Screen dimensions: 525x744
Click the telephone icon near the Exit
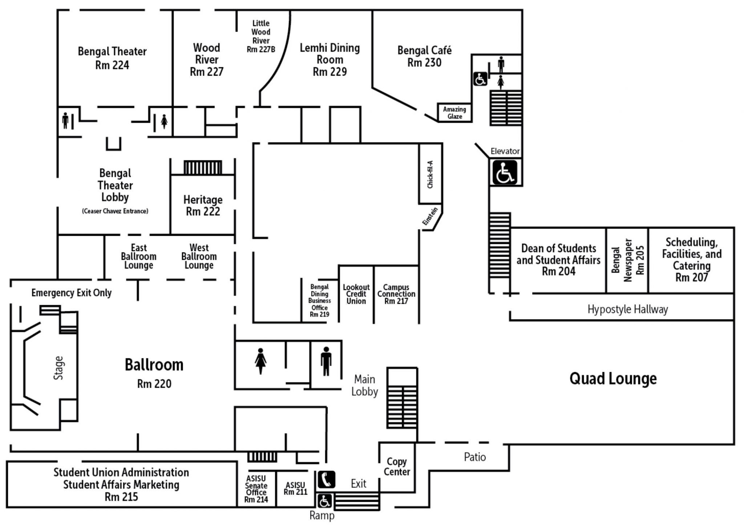326,479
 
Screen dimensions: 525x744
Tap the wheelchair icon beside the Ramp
324,501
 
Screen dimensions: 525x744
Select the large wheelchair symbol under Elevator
505,173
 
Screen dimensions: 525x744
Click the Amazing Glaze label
454,113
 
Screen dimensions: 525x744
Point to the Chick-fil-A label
430,174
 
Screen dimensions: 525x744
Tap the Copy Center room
397,467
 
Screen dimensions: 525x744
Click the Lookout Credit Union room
356,294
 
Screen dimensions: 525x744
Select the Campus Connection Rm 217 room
396,294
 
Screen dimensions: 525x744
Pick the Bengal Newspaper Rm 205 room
627,260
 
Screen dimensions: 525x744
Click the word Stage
58,368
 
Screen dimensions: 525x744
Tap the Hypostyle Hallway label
628,309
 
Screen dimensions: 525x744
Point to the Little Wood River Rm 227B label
261,36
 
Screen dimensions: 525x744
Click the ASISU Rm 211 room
295,488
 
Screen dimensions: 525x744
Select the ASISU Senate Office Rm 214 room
256,489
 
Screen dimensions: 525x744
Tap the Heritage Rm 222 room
203,206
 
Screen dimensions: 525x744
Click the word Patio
475,457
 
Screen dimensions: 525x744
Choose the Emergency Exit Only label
71,293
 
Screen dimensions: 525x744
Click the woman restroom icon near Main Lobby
260,361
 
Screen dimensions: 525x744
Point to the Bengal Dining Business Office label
320,300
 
